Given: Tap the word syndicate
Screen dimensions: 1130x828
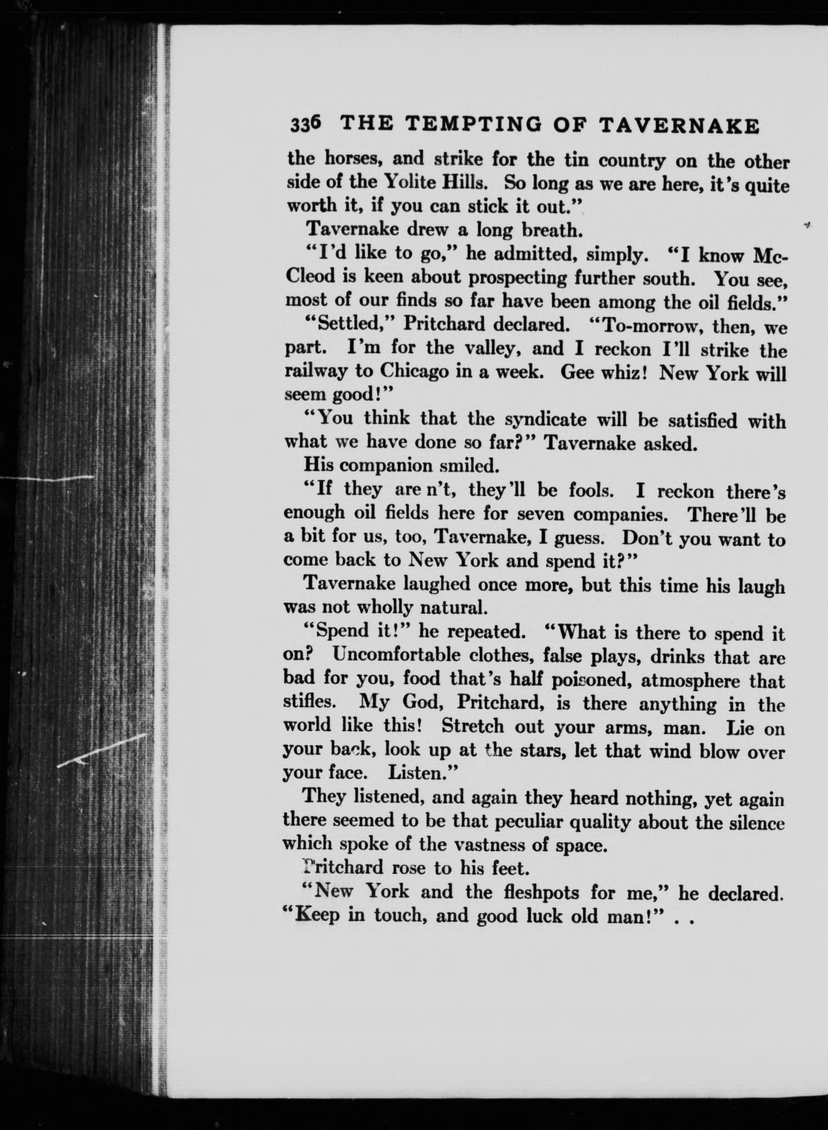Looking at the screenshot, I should (545, 419).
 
